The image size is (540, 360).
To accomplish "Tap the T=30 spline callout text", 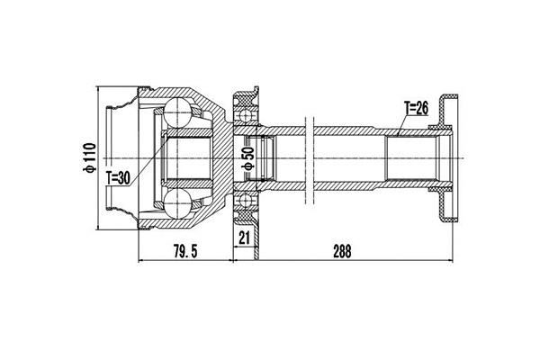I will (119, 177).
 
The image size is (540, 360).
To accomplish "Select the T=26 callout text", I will (418, 108).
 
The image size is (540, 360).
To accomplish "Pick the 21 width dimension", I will (244, 237).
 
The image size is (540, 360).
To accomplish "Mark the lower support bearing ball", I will (244, 202).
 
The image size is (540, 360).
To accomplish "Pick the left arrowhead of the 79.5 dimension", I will (141, 262).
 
